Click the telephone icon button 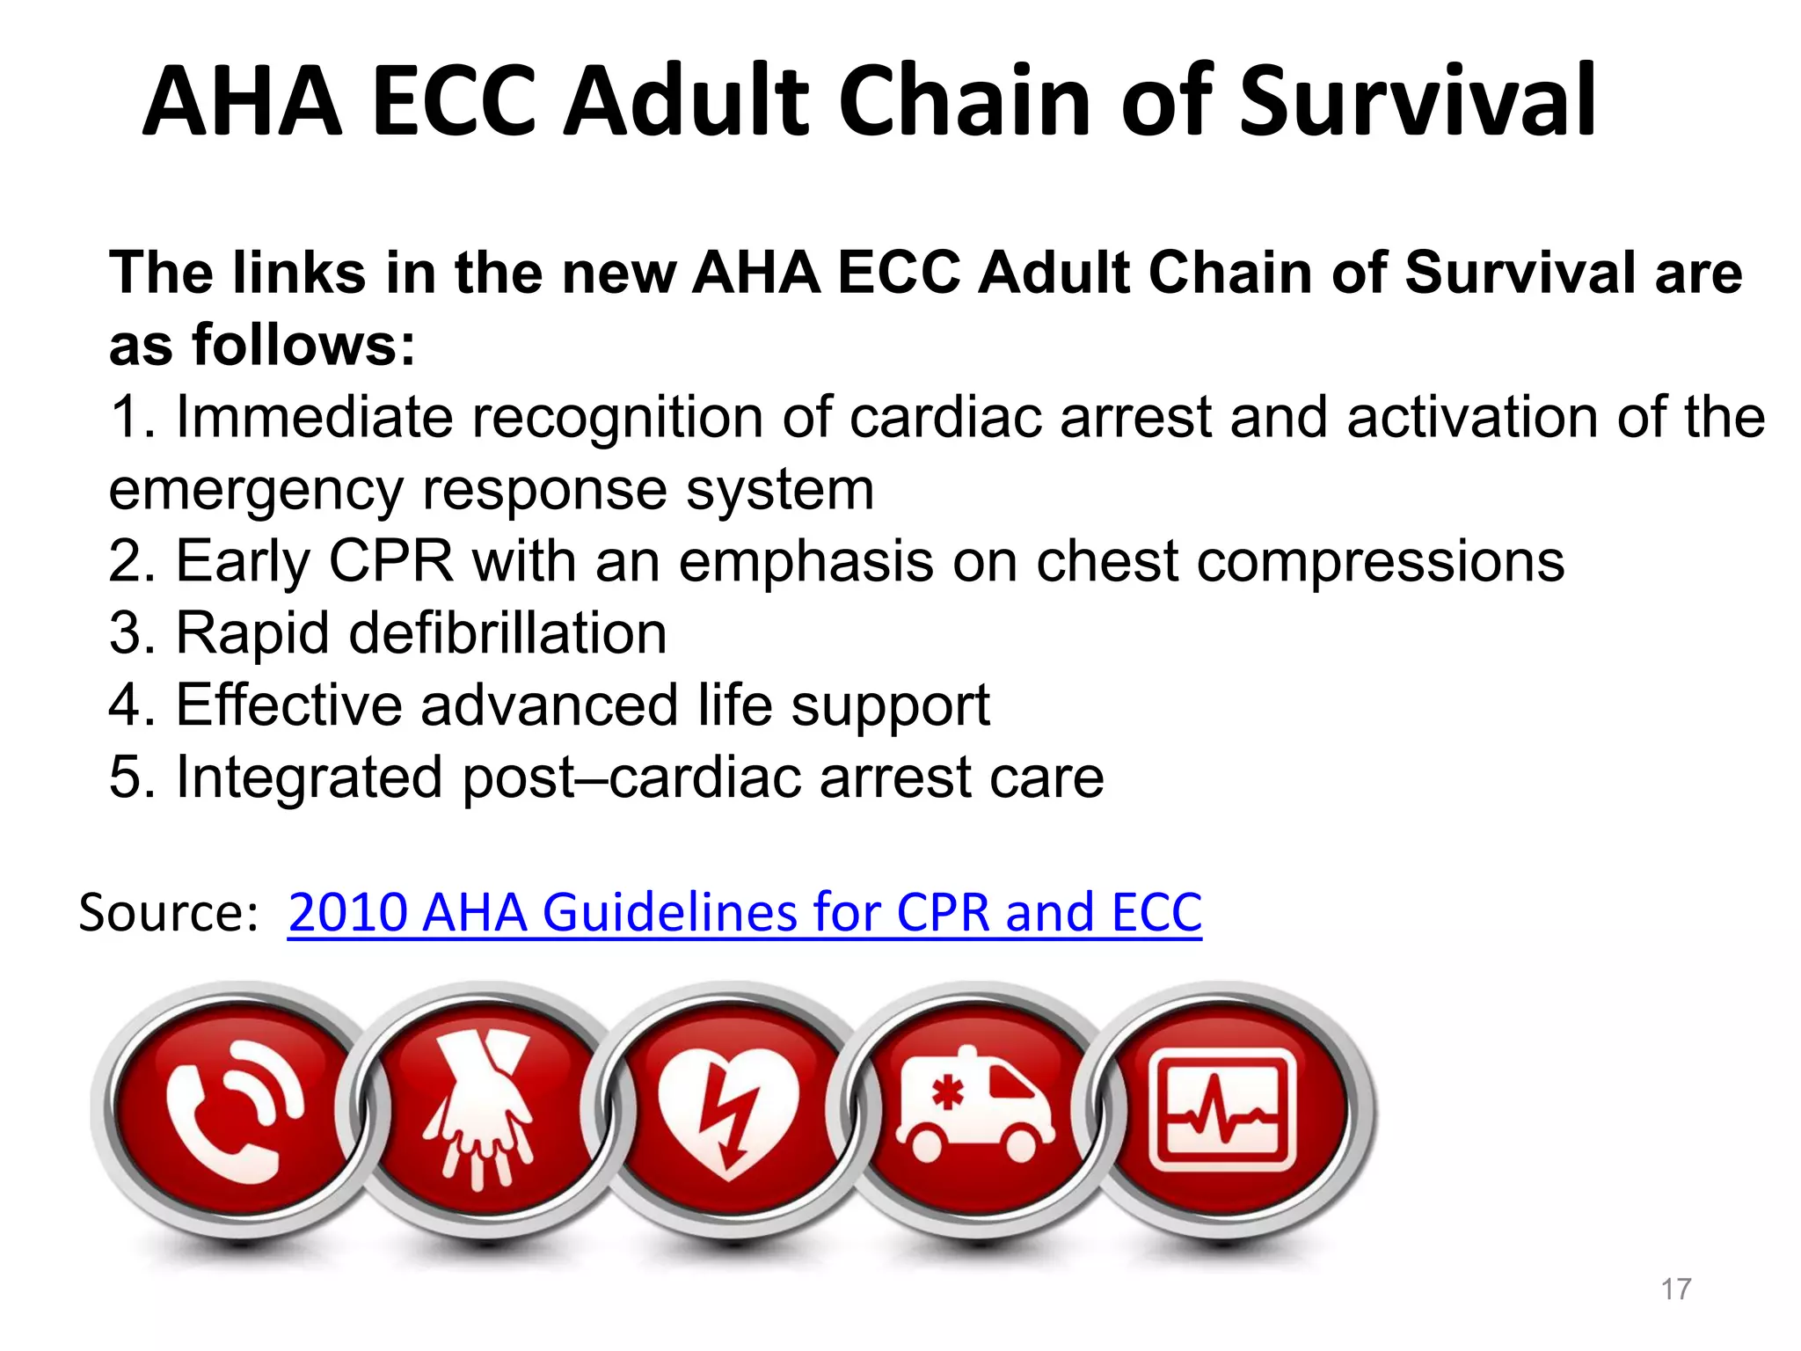(x=236, y=1111)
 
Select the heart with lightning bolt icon (x=728, y=1111)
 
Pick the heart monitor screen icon (x=1222, y=1110)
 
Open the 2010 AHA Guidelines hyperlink (x=744, y=912)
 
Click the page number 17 (x=1676, y=1289)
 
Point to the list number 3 (x=125, y=633)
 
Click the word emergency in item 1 (x=256, y=490)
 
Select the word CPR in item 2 (x=391, y=561)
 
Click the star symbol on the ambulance (x=947, y=1094)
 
